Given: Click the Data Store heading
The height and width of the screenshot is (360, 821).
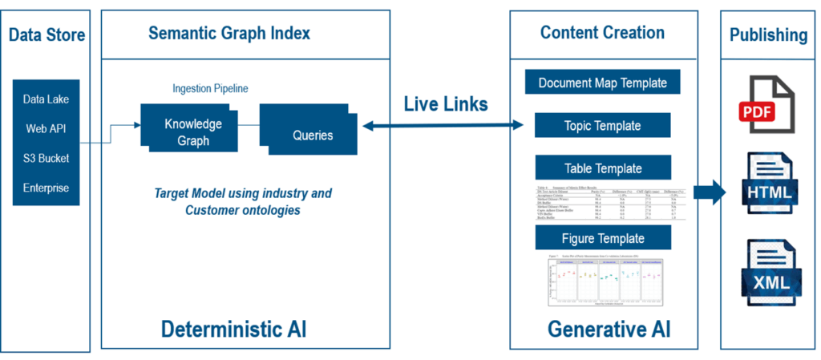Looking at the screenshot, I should click(47, 35).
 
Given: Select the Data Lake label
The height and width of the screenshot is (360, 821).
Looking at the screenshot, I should click(47, 99).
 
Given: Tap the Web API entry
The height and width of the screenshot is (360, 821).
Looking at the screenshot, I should click(47, 128).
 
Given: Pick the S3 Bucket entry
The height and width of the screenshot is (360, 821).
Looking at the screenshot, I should click(47, 158).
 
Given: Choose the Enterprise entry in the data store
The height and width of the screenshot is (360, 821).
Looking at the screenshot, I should click(47, 188).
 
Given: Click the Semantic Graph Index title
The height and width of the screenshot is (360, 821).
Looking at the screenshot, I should click(229, 34).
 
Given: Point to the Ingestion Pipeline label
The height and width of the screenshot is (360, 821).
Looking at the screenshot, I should click(210, 88).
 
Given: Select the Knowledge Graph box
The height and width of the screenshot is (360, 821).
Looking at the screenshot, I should click(192, 132).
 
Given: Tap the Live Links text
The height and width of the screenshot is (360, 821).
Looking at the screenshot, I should click(445, 103).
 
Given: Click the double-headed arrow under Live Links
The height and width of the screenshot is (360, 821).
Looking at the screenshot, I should click(443, 125).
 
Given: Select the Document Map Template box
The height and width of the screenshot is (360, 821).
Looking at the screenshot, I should click(602, 83).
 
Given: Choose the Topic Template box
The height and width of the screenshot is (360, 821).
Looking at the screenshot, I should click(602, 126).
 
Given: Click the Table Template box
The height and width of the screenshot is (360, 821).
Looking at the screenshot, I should click(602, 168).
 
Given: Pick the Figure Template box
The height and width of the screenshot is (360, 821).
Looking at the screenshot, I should click(602, 238).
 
